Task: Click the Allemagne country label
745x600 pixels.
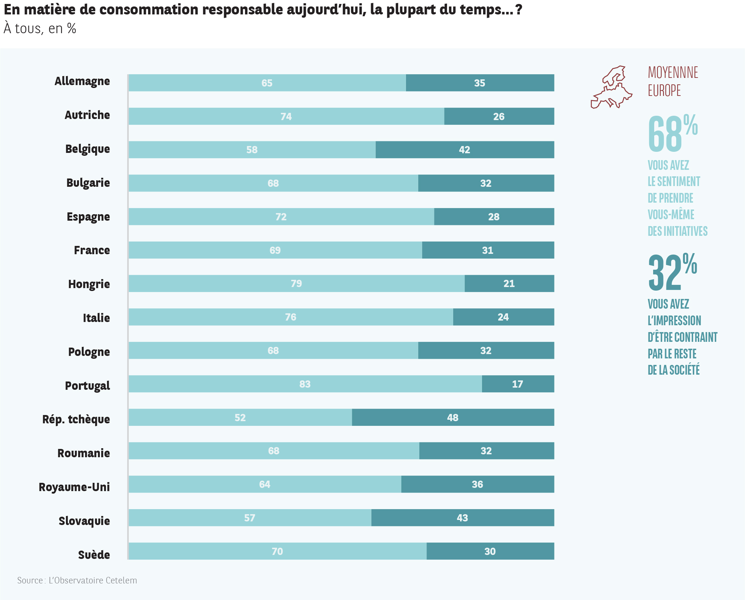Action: [82, 81]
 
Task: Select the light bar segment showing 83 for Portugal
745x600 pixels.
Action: [305, 384]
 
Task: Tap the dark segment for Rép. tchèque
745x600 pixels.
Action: [453, 418]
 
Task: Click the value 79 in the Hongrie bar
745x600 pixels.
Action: [296, 284]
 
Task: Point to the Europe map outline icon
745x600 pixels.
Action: [611, 87]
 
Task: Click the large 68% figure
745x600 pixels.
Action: [672, 133]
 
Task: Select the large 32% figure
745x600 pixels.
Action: [672, 272]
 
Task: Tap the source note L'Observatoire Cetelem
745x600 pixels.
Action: [77, 581]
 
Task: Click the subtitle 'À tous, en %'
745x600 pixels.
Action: [40, 29]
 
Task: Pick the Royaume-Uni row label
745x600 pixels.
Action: [74, 487]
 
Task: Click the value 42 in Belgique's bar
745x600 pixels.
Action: [464, 150]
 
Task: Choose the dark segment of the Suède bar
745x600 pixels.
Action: [490, 551]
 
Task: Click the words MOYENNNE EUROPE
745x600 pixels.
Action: [673, 81]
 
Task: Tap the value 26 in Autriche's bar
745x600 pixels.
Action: [499, 116]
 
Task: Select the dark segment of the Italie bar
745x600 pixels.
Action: [503, 317]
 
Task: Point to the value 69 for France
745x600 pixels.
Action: [275, 250]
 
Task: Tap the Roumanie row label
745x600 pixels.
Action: [84, 453]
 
